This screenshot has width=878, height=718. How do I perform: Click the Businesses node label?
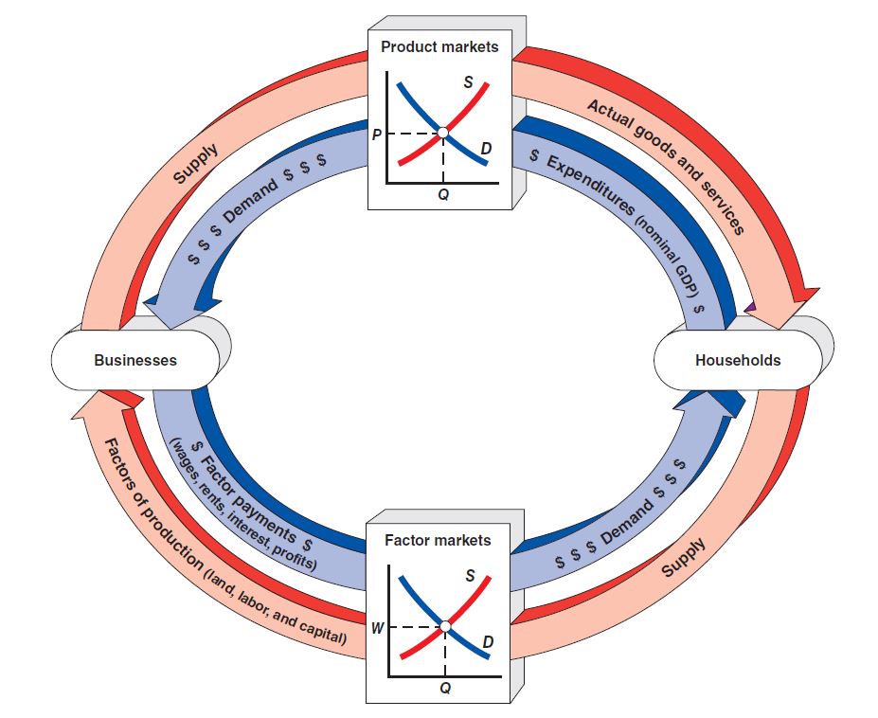[x=135, y=360]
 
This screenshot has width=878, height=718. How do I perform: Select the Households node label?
[x=737, y=360]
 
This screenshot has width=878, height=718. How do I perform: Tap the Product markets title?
[x=439, y=46]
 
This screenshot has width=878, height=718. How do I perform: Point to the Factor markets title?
[x=438, y=540]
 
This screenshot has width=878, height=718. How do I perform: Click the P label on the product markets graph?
[x=377, y=134]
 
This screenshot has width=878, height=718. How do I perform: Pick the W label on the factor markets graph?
[x=377, y=627]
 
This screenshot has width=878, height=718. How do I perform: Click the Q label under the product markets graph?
[x=443, y=194]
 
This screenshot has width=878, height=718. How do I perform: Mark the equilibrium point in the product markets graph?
[x=442, y=133]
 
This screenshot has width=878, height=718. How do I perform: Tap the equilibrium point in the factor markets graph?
[x=443, y=626]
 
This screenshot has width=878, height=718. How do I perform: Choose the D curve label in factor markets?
[x=487, y=643]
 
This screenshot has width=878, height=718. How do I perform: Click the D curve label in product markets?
[x=486, y=149]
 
